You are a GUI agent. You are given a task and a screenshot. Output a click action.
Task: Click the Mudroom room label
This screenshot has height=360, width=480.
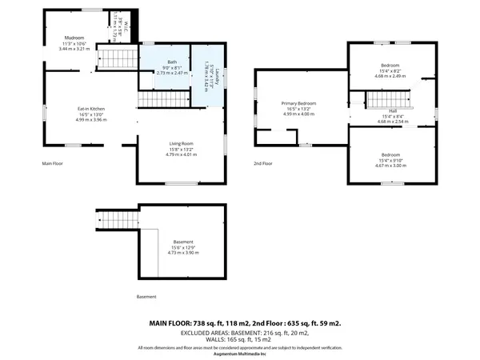point(74,38)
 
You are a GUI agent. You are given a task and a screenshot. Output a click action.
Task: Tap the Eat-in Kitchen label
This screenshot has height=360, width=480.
point(91,109)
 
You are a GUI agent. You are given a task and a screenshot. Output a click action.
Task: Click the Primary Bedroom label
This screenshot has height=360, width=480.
point(298,104)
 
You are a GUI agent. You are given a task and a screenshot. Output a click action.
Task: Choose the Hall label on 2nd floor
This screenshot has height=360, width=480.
point(393,111)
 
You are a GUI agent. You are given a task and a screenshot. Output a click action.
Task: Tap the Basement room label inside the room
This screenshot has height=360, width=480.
point(183,242)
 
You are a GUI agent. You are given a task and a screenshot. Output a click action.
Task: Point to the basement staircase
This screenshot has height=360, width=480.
point(117,220)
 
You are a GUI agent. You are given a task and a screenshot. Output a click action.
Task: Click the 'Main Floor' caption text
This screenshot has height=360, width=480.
point(52,164)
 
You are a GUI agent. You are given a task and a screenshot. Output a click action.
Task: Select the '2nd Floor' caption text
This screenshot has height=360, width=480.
point(264,163)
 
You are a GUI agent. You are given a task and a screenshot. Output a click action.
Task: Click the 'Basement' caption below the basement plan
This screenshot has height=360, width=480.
point(146,297)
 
